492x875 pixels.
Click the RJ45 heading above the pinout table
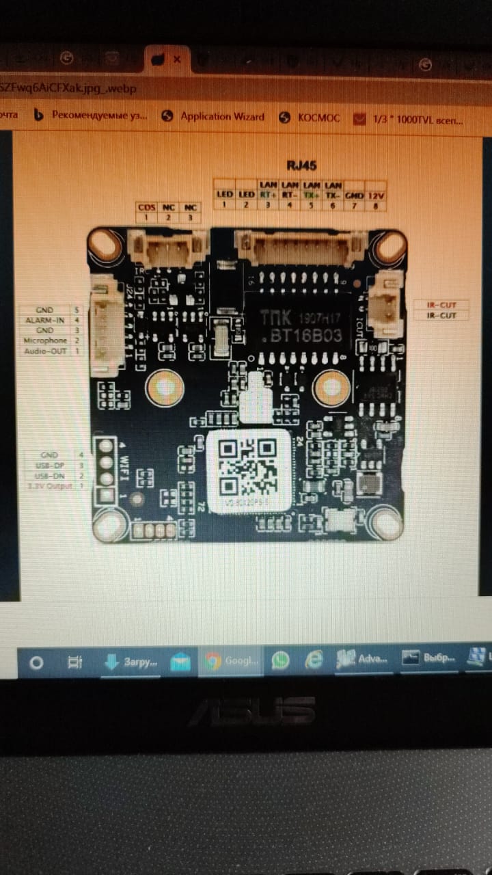301,165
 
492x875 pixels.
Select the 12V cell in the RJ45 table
376,196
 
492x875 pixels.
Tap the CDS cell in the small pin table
147,207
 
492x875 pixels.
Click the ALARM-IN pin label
46,320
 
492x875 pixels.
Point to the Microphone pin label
46,340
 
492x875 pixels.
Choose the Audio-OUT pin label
46,350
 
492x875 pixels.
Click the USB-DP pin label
49,465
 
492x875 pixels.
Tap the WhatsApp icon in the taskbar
280,660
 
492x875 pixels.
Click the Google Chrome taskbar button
231,661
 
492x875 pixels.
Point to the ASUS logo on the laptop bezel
251,711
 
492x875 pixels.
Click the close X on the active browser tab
177,59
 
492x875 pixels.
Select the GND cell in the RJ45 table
354,196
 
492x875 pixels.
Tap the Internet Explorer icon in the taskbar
314,660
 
